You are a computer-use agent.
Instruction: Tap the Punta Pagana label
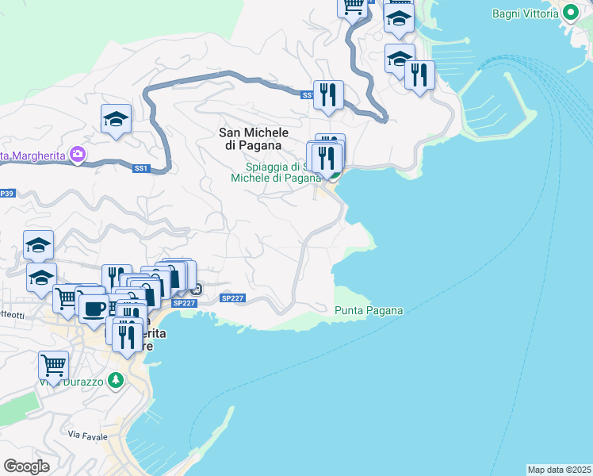tap(369, 310)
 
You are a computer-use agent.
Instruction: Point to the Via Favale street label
tap(86, 435)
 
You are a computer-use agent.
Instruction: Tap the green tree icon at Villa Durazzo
tap(117, 380)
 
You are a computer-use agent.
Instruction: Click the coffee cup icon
tap(94, 308)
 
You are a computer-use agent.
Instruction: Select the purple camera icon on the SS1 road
tap(78, 153)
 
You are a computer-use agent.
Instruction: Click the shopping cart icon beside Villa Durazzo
tap(53, 365)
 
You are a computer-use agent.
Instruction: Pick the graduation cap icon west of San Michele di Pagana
tap(116, 119)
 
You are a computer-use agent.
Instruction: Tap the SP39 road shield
tap(6, 194)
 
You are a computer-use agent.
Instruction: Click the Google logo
tap(26, 466)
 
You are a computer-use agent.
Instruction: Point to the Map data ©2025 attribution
tap(559, 470)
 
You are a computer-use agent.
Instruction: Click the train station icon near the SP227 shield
tap(196, 288)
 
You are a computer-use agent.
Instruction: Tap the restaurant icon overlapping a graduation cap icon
tap(419, 75)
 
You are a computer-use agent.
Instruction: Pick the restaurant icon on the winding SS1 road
tap(327, 94)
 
